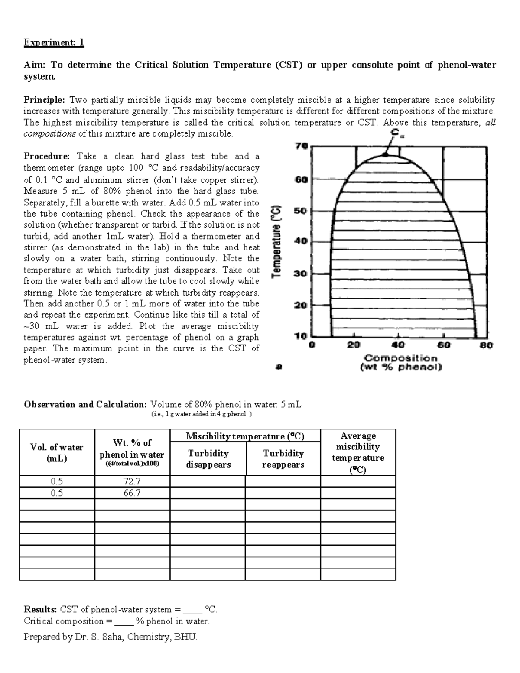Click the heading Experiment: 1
54,42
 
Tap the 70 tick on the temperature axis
302,146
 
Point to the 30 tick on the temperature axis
302,274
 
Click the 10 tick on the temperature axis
302,336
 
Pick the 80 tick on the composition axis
486,346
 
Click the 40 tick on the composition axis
398,346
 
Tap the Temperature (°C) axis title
277,241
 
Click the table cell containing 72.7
132,481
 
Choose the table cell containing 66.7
132,493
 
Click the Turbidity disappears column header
208,459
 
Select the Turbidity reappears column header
283,459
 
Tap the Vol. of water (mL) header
57,453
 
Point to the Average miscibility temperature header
358,452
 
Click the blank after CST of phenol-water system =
193,610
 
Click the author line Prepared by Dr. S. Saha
110,637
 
